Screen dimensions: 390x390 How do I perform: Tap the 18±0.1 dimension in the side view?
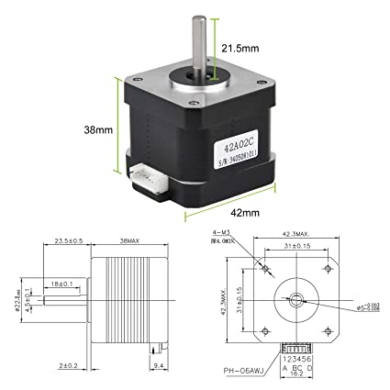[63, 284]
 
